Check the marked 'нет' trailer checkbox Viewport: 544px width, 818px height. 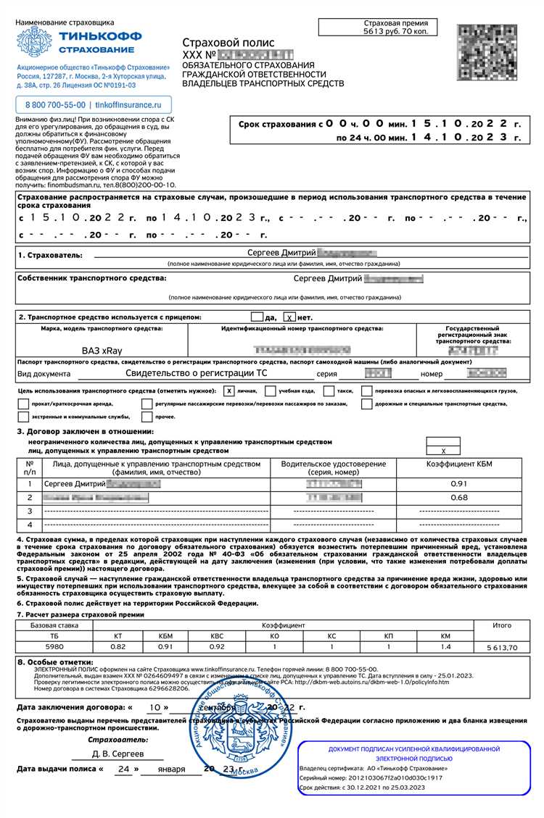point(289,317)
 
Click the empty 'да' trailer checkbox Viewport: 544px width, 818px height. point(256,317)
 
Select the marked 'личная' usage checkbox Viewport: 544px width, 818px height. point(228,391)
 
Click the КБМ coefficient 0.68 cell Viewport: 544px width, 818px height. point(458,497)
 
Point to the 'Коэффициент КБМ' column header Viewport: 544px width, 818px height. point(458,464)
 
